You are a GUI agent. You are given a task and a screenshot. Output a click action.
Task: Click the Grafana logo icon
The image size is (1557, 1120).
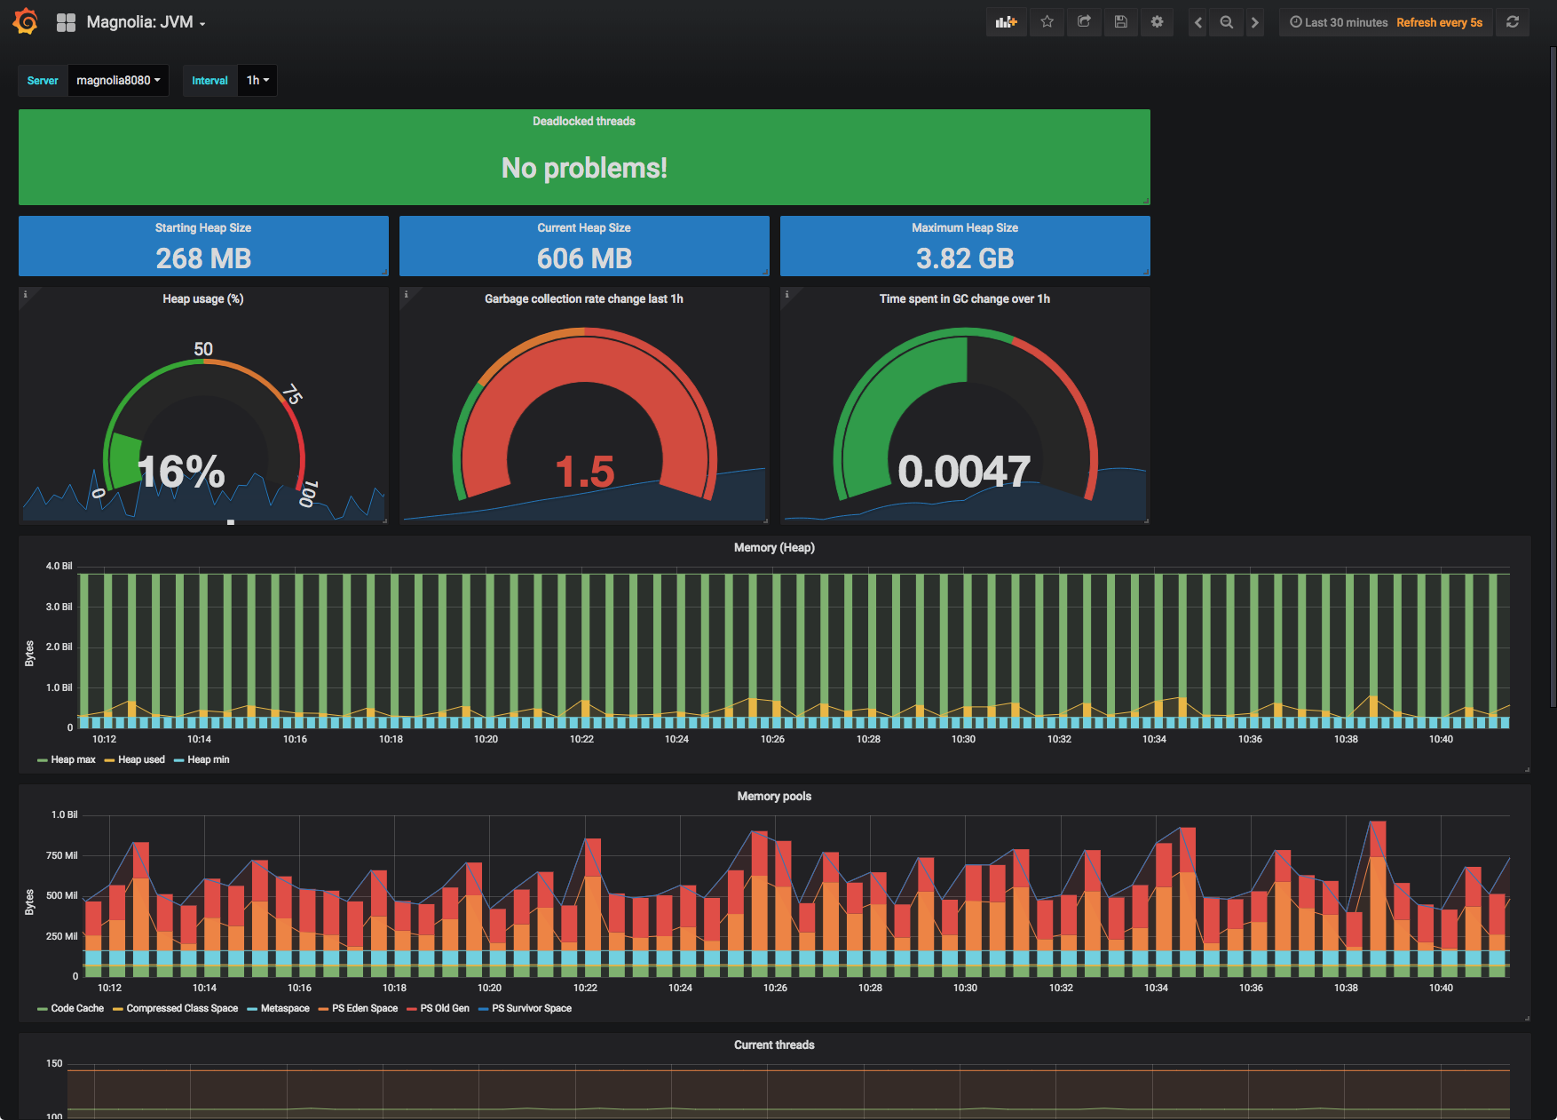click(25, 21)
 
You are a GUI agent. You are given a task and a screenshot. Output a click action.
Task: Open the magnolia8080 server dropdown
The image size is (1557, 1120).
click(118, 80)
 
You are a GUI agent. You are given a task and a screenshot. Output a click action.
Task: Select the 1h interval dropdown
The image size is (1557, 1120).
click(257, 80)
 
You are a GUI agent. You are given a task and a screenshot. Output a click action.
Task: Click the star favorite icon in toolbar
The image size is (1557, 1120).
click(1047, 22)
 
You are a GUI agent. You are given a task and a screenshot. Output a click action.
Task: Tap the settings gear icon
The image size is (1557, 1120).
click(1157, 22)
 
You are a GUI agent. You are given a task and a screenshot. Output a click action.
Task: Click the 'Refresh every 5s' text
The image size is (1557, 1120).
click(1439, 22)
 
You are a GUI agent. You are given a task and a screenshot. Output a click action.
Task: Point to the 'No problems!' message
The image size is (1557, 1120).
click(584, 168)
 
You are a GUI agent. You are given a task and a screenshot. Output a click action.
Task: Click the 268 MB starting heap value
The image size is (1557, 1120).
click(203, 258)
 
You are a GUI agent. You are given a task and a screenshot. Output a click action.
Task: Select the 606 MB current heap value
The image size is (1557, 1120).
click(584, 258)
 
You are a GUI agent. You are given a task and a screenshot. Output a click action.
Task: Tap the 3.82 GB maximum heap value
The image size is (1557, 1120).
click(965, 258)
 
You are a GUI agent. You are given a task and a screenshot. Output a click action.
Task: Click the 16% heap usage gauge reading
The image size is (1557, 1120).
click(181, 472)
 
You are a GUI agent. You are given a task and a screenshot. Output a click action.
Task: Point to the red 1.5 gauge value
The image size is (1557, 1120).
click(584, 472)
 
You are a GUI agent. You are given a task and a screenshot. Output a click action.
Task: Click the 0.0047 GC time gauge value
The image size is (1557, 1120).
click(964, 472)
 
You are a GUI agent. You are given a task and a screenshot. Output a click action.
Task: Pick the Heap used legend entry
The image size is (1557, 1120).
click(141, 759)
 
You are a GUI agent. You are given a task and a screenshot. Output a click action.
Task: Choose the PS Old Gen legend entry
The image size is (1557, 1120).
click(444, 1008)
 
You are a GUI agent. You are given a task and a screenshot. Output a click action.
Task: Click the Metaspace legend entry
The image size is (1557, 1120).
click(284, 1008)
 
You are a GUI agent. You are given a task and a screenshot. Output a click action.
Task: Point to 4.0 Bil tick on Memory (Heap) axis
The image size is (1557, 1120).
click(59, 566)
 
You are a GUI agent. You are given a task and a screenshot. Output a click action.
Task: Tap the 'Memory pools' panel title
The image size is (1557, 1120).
click(774, 796)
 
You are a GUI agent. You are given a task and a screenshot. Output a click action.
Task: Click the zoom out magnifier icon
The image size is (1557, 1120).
click(1226, 22)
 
